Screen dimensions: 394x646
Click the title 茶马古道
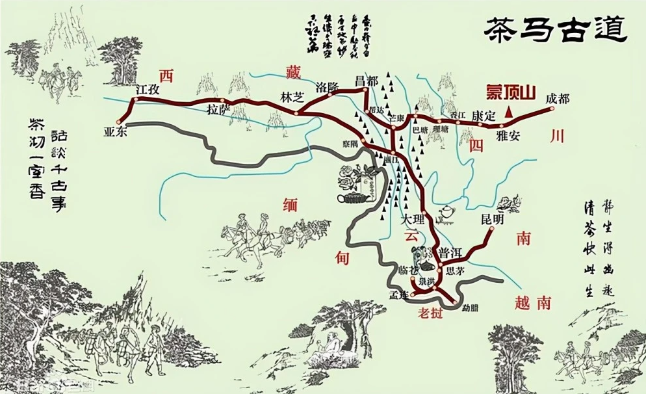556,29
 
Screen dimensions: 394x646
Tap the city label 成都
558,99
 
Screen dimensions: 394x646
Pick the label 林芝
292,96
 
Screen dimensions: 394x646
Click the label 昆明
492,219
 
